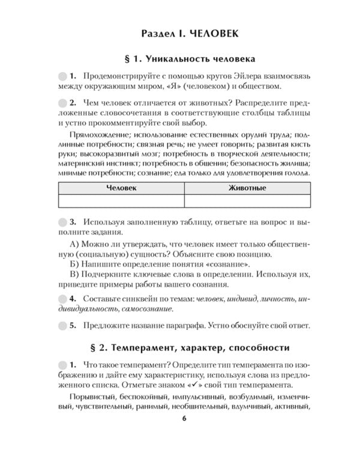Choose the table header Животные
point(247,188)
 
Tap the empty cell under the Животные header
point(247,201)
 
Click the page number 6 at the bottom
point(184,435)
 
